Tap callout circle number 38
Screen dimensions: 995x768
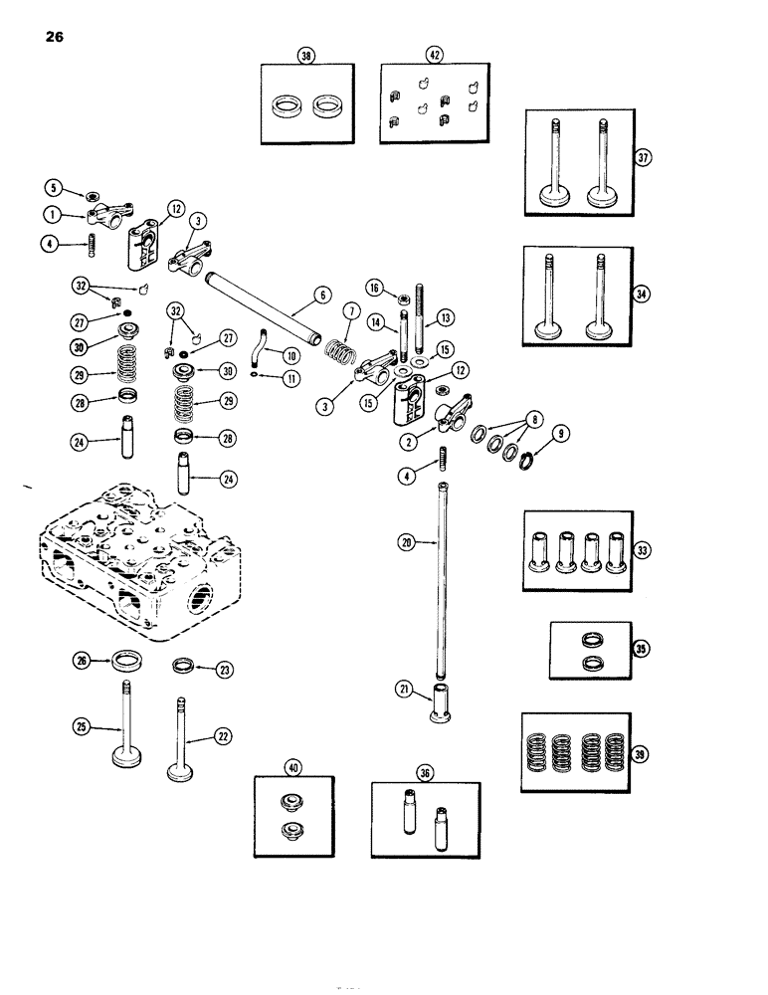[x=306, y=58]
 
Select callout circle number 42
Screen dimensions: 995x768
[x=433, y=58]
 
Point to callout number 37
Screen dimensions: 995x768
[x=644, y=156]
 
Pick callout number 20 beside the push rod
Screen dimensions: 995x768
[x=407, y=541]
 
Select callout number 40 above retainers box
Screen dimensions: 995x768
[x=291, y=767]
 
